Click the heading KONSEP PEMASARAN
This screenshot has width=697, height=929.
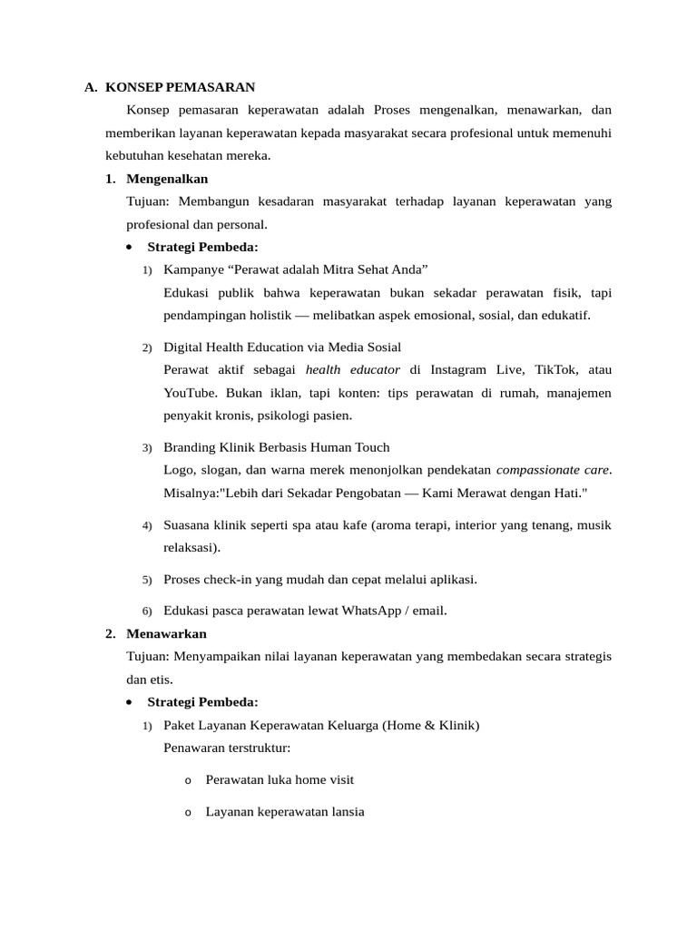(180, 87)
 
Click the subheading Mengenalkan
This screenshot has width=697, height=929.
(167, 179)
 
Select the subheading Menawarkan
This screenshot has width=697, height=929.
(166, 633)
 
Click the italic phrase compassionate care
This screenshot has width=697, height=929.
(553, 470)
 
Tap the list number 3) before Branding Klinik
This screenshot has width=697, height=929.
(147, 448)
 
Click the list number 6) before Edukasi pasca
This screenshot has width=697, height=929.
(147, 611)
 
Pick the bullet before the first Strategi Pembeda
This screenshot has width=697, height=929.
(131, 247)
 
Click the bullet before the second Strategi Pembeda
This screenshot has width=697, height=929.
(131, 702)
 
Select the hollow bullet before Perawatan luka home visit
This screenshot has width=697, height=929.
(188, 780)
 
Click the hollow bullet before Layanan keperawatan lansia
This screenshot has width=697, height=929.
(188, 813)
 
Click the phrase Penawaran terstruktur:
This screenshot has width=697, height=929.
(227, 748)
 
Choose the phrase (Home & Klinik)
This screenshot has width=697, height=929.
(431, 725)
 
